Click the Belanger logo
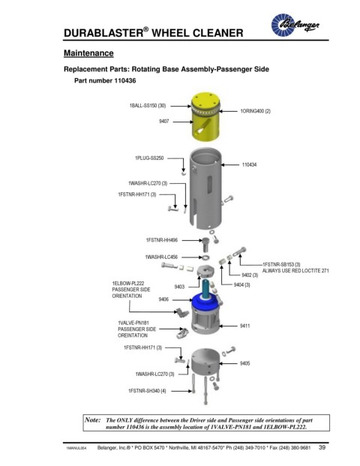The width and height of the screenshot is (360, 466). click(x=295, y=25)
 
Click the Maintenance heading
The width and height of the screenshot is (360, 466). click(x=88, y=53)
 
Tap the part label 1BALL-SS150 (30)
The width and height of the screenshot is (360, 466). click(x=148, y=106)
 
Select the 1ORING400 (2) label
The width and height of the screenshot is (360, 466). click(x=256, y=111)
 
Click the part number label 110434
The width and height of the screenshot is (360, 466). click(x=249, y=164)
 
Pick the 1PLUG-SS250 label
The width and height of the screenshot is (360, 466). click(x=149, y=158)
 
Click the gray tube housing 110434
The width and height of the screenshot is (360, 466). click(x=205, y=188)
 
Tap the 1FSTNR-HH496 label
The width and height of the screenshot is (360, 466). click(x=161, y=240)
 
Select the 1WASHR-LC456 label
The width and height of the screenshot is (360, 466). click(x=161, y=257)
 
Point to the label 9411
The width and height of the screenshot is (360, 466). click(x=244, y=326)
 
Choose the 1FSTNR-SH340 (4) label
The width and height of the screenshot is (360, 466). click(x=147, y=391)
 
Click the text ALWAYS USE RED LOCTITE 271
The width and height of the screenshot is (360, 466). click(x=295, y=271)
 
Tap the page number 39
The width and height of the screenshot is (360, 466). click(x=322, y=447)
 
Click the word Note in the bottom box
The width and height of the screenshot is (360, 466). click(x=93, y=420)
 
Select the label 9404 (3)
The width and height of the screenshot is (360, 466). click(x=241, y=285)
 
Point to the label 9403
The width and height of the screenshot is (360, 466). click(x=179, y=287)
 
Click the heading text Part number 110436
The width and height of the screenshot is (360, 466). click(x=105, y=81)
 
